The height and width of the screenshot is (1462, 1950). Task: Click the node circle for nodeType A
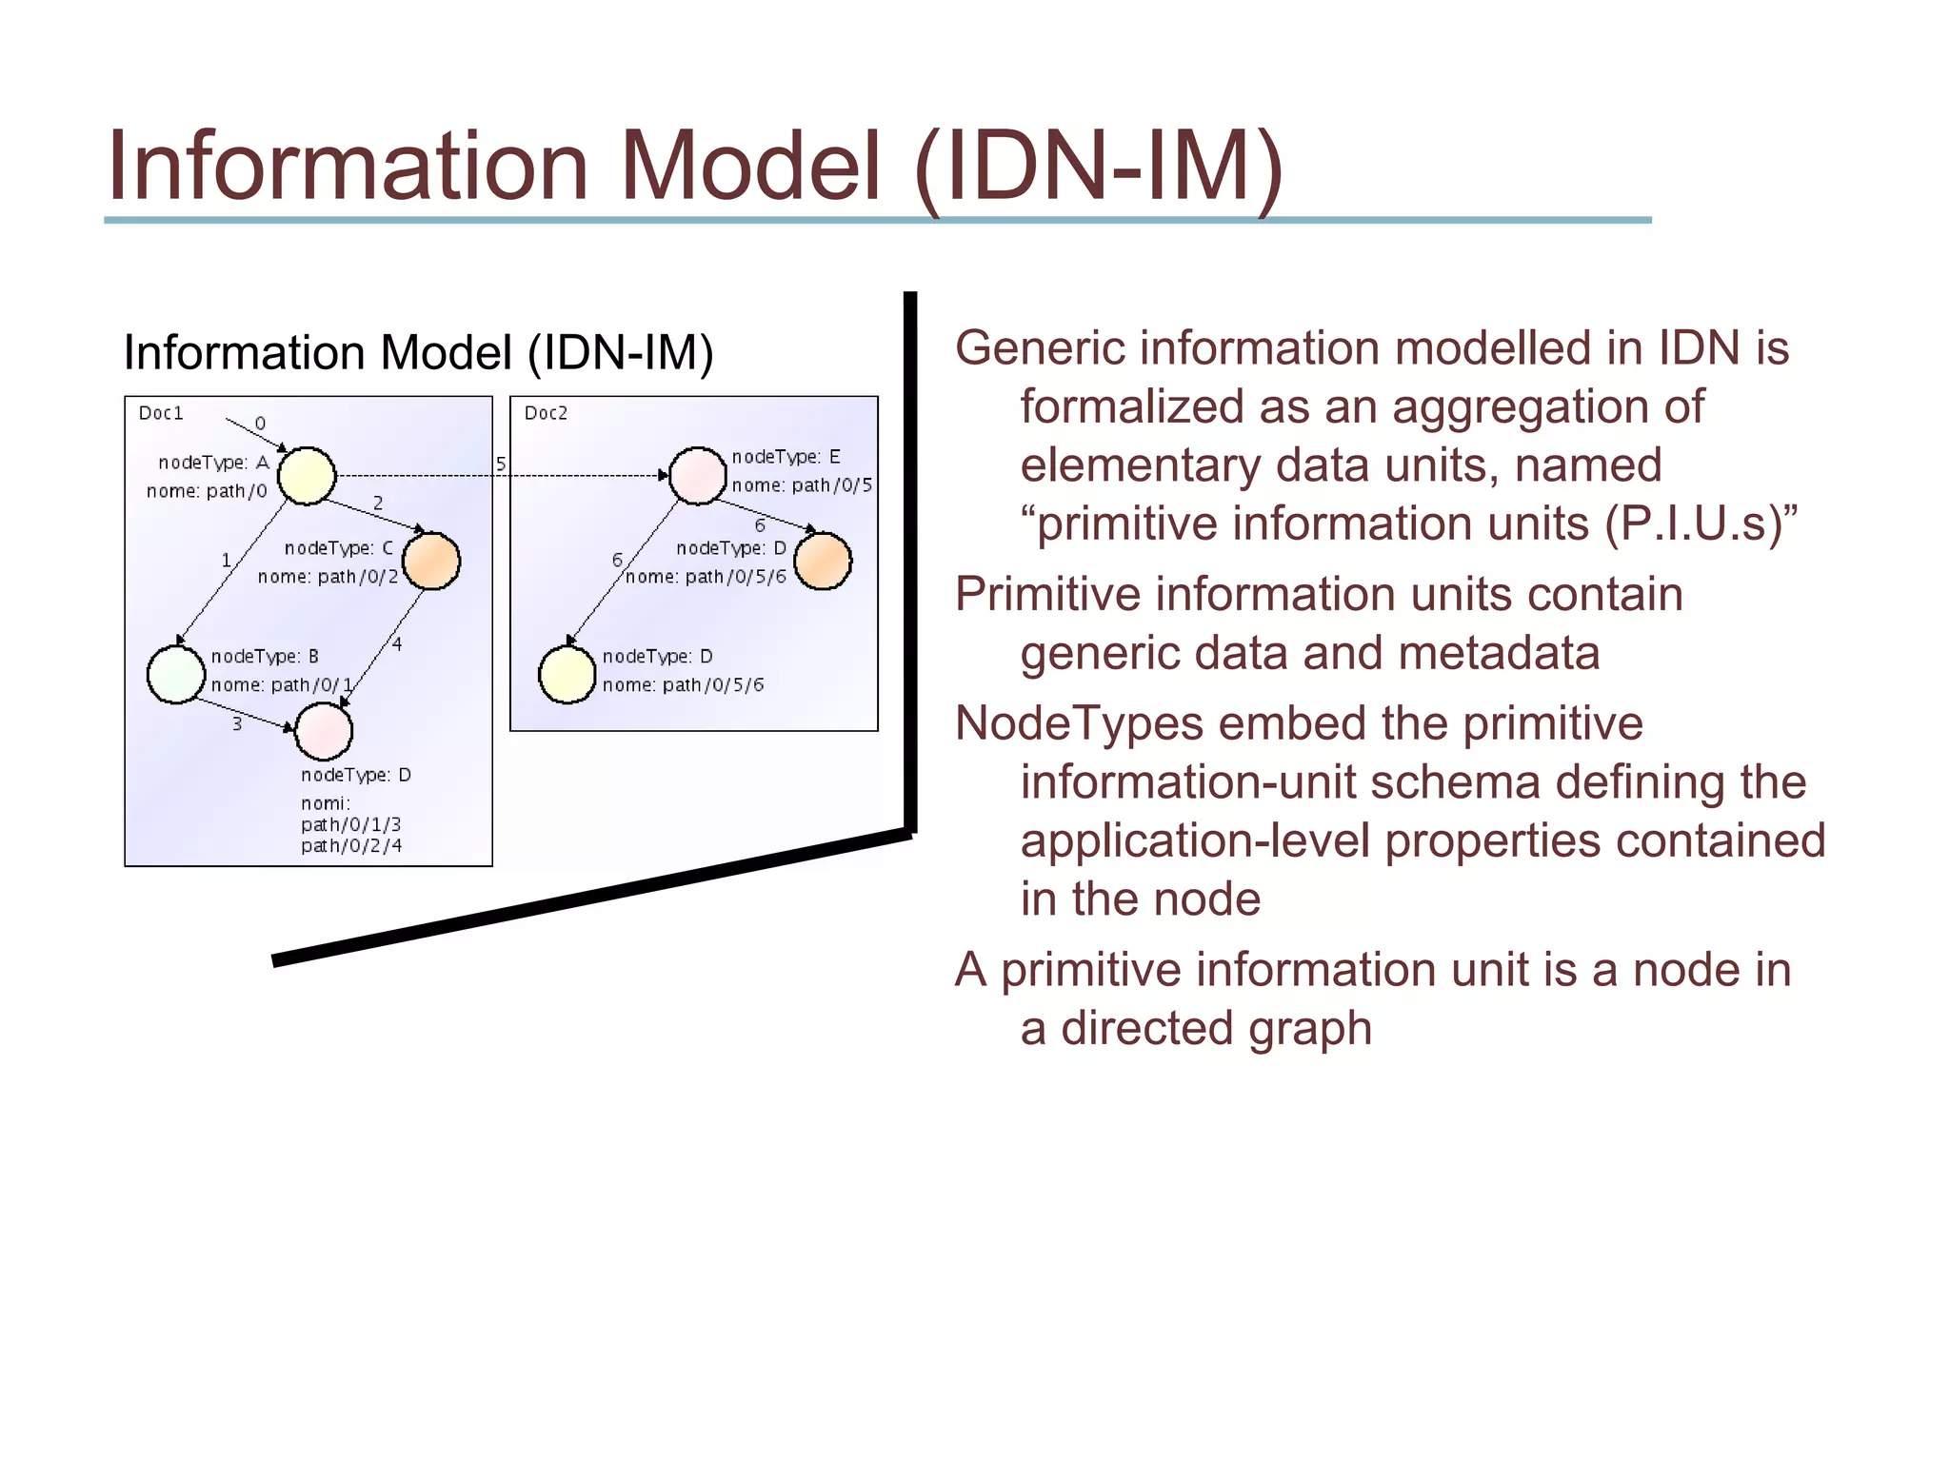pyautogui.click(x=307, y=475)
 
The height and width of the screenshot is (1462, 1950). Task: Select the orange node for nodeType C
pyautogui.click(x=431, y=561)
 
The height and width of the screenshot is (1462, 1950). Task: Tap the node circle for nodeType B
pyautogui.click(x=176, y=675)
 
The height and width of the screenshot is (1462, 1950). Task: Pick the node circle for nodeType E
pyautogui.click(x=698, y=475)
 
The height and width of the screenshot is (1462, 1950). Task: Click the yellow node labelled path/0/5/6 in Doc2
pyautogui.click(x=567, y=675)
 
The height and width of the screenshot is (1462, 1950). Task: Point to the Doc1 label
pyautogui.click(x=161, y=413)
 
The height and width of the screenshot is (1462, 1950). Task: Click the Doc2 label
pyautogui.click(x=546, y=413)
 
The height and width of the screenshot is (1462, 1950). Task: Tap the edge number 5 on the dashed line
pyautogui.click(x=501, y=464)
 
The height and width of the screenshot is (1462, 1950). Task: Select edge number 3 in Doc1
pyautogui.click(x=237, y=724)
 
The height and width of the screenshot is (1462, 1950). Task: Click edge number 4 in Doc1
pyautogui.click(x=397, y=644)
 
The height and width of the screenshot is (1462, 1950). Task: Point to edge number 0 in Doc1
pyautogui.click(x=260, y=424)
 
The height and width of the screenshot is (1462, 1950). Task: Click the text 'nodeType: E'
pyautogui.click(x=786, y=457)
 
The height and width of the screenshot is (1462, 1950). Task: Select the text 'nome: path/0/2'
pyautogui.click(x=328, y=577)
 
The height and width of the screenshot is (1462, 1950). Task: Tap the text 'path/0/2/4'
pyautogui.click(x=351, y=845)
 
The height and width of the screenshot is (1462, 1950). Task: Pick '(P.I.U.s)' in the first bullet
pyautogui.click(x=1701, y=524)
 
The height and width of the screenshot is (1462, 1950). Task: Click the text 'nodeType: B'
pyautogui.click(x=265, y=657)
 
